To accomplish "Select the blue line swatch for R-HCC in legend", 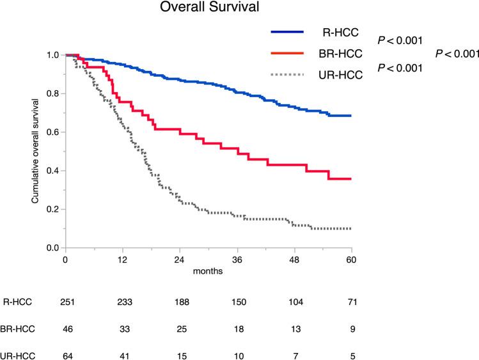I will pyautogui.click(x=292, y=31).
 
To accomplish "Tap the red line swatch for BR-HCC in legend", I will pyautogui.click(x=292, y=53).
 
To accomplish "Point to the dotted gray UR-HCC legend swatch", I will pyautogui.click(x=292, y=75).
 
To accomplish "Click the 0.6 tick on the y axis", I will pyautogui.click(x=54, y=132).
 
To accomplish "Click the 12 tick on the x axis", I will pyautogui.click(x=122, y=260).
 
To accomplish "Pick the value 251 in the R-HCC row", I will pyautogui.click(x=65, y=302).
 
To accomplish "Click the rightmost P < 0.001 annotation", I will pyautogui.click(x=457, y=54).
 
